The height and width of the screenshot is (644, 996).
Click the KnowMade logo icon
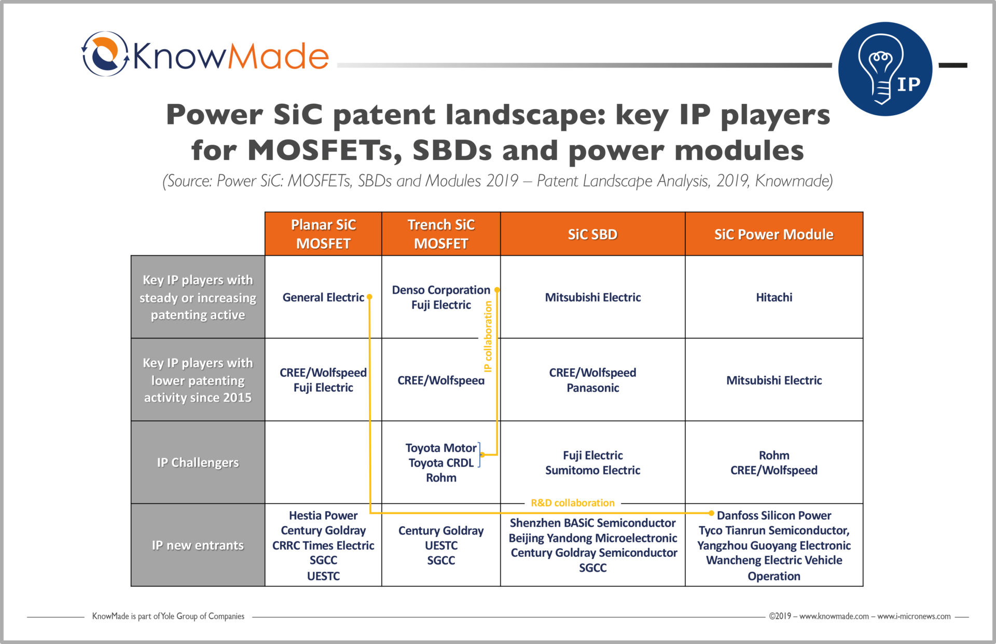tap(105, 54)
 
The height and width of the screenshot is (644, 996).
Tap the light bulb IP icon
tap(885, 68)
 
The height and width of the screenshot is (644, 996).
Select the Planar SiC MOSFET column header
tap(323, 234)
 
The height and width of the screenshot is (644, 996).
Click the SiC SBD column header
tap(592, 234)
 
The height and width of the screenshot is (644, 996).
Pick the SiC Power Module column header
tap(774, 234)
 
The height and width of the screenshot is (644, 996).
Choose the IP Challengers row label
tap(198, 462)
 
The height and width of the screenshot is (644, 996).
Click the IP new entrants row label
tap(198, 545)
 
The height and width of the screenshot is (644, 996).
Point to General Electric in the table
tap(323, 297)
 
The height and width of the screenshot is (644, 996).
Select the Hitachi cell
tap(774, 297)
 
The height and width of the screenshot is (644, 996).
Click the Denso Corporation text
tap(441, 290)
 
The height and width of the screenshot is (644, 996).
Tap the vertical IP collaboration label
tap(488, 336)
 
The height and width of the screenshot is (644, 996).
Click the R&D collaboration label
tap(573, 503)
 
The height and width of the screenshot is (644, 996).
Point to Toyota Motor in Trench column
tap(441, 448)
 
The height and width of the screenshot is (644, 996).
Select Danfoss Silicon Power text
tap(774, 515)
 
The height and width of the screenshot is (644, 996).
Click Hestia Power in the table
tap(323, 515)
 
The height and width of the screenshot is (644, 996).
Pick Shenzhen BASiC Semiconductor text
tap(592, 523)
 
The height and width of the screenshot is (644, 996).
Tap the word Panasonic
tap(592, 388)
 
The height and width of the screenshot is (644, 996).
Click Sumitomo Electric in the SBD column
tap(592, 470)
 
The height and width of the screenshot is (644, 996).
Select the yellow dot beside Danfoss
tap(711, 513)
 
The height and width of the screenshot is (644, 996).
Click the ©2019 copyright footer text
tap(860, 616)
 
